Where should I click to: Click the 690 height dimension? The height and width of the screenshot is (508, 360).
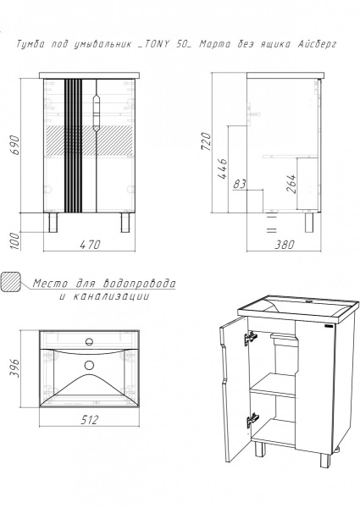click(15, 145)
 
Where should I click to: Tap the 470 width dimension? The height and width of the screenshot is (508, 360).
click(90, 245)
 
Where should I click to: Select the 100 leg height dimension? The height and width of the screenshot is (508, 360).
click(15, 240)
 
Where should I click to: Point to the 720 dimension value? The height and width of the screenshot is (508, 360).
click(206, 141)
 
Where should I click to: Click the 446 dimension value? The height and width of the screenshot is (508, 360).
click(222, 168)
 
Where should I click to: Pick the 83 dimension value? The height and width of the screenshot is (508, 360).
click(240, 184)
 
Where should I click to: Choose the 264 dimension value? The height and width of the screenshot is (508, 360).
click(291, 184)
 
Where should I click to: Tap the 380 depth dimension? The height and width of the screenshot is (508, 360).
click(285, 245)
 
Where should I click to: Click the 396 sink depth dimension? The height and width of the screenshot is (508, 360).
click(15, 369)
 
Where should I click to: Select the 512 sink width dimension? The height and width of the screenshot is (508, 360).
click(89, 420)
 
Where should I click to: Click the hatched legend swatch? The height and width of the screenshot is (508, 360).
click(11, 282)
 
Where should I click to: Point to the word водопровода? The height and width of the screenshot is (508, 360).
click(139, 284)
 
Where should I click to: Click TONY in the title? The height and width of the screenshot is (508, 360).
click(156, 44)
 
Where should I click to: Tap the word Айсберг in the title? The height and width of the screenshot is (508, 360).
click(318, 44)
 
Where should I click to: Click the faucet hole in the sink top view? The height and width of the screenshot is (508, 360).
click(89, 341)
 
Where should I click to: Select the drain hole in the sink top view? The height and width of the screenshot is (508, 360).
click(89, 365)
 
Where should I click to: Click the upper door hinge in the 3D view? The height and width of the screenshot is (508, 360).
click(250, 338)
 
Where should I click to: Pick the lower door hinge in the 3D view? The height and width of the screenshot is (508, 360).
click(252, 420)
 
